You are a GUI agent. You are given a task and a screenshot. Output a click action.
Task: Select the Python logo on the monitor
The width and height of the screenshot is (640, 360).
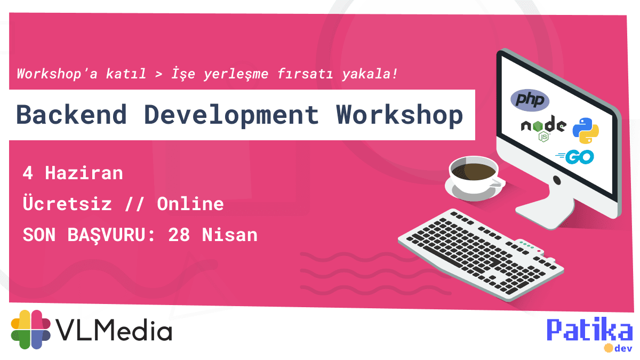(x=586, y=131)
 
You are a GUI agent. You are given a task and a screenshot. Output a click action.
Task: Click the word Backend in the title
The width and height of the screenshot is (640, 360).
(x=71, y=115)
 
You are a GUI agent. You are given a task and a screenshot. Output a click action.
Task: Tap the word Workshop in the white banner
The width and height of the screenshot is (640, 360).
(x=399, y=115)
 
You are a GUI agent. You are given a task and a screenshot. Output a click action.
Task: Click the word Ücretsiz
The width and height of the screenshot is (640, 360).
(x=67, y=204)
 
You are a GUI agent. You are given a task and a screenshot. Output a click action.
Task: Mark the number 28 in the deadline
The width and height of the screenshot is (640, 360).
(x=179, y=235)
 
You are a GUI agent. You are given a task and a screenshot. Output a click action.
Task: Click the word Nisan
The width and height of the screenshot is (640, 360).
(x=229, y=235)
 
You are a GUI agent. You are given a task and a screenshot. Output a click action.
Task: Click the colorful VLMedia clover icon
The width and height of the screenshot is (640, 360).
(x=31, y=330)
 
